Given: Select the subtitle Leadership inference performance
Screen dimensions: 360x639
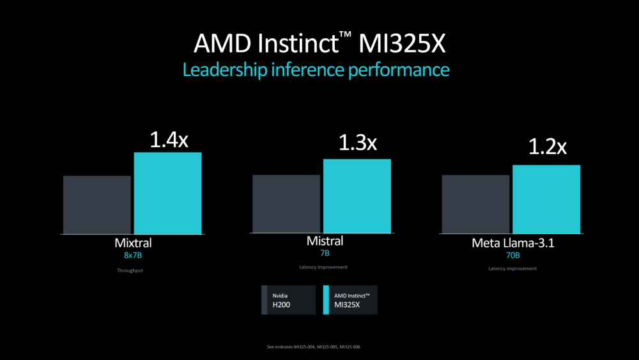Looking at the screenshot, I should coord(316,69).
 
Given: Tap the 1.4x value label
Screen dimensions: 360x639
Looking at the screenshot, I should coord(169,140).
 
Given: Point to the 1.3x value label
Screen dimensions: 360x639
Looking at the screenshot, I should coord(357,143).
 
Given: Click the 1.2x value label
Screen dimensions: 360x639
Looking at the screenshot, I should coord(547,148).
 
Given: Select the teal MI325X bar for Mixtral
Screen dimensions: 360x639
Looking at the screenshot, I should coord(167,193).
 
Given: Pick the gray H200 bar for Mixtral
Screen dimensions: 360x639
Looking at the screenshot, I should coord(97,205).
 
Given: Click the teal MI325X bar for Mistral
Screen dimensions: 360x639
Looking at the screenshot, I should coord(357,196).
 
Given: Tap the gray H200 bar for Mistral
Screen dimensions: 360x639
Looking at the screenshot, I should coord(286,204).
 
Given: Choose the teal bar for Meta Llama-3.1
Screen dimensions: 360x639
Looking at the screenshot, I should coord(546,200).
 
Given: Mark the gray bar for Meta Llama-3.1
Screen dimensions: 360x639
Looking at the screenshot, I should coord(476,204).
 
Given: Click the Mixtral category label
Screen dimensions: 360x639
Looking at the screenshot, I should coord(133,244).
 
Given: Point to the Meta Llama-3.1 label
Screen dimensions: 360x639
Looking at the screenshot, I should coord(512,244).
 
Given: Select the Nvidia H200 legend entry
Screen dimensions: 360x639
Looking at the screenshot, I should coord(289,300).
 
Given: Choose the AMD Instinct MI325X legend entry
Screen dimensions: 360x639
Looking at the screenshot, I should coord(350,300).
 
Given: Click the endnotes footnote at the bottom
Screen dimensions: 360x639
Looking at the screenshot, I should coord(318,347).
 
